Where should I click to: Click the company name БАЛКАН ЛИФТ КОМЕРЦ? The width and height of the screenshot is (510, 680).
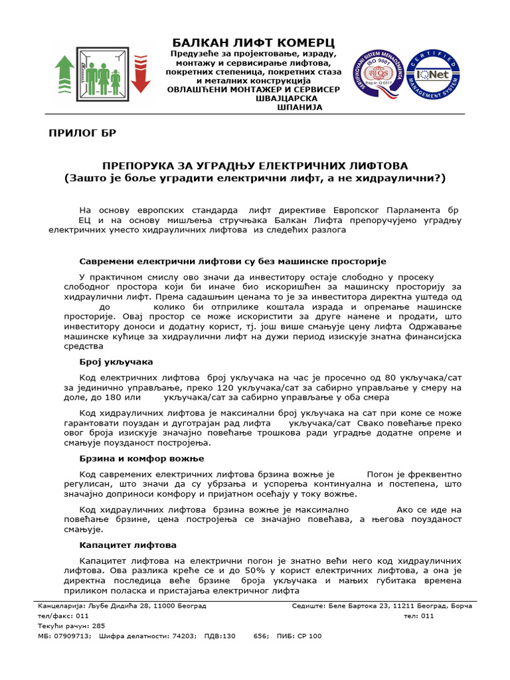[254, 42]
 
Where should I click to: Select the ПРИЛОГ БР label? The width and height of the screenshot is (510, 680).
[82, 133]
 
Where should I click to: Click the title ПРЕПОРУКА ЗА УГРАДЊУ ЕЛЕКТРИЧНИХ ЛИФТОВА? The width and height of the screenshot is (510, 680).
[254, 165]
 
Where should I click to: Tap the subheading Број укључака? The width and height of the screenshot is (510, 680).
[116, 362]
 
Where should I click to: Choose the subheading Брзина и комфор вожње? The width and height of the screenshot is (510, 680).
[141, 459]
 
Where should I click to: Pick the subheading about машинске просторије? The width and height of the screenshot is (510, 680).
[232, 262]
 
